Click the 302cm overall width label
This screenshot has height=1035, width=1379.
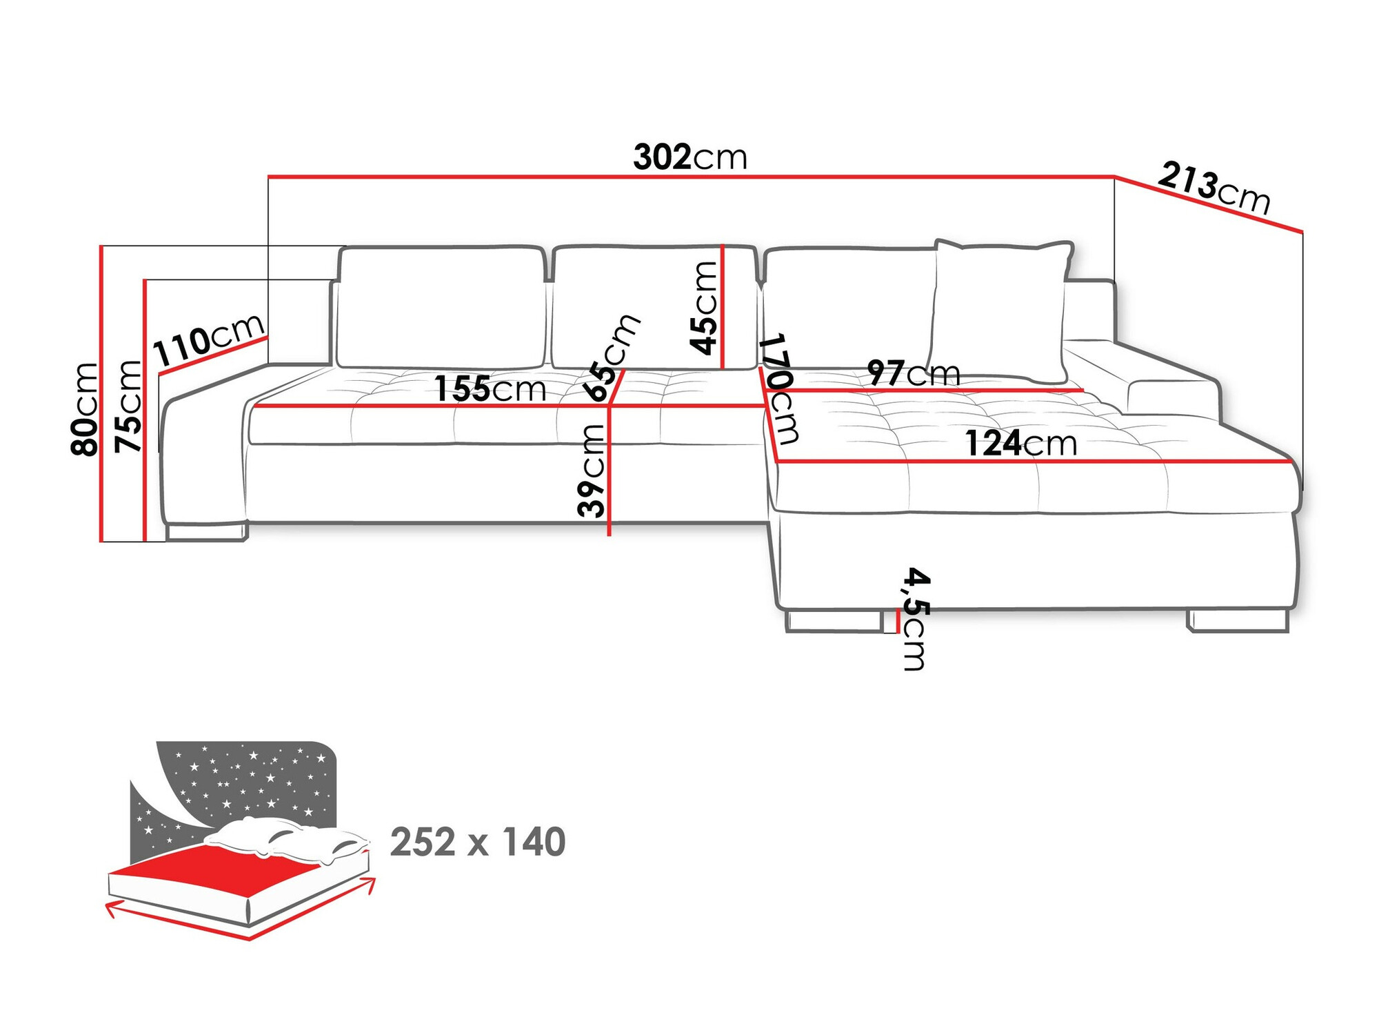[690, 158]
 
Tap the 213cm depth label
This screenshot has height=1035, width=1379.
[1214, 188]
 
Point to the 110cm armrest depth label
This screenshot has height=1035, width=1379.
[208, 341]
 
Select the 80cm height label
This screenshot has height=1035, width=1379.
[85, 409]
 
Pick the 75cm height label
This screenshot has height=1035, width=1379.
[128, 407]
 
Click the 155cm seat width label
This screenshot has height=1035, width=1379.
[490, 389]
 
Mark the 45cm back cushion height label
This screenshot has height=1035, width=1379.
[704, 308]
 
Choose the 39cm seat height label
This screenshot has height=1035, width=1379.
[592, 471]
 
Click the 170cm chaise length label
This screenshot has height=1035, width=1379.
[780, 389]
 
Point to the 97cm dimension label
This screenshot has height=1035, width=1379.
[913, 373]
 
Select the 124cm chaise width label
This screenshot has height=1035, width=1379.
[1020, 444]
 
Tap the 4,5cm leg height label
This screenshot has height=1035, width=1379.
[916, 619]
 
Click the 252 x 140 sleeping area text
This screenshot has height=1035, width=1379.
[478, 842]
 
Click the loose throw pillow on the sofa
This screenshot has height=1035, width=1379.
[1000, 310]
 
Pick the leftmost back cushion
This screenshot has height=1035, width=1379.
[441, 307]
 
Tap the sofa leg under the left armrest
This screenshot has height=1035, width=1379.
[206, 532]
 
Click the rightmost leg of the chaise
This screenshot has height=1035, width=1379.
[1238, 620]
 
